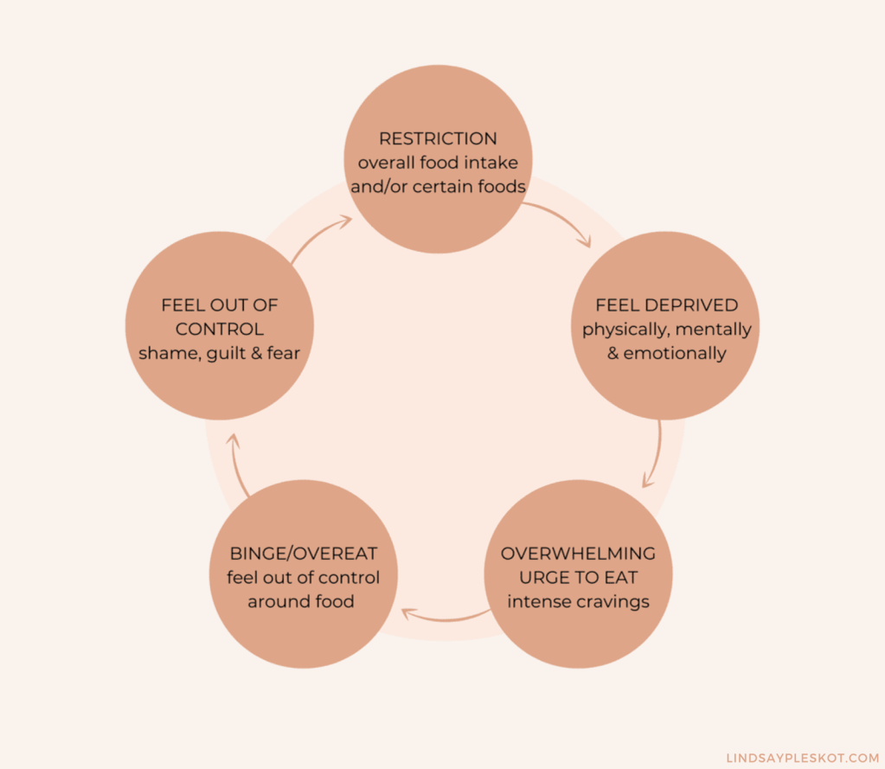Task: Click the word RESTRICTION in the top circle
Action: pyautogui.click(x=438, y=138)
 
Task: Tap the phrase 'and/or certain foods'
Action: pyautogui.click(x=438, y=185)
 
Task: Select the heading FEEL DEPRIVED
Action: pyautogui.click(x=666, y=305)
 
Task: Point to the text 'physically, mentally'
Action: pyautogui.click(x=666, y=330)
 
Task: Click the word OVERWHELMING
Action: pyautogui.click(x=578, y=554)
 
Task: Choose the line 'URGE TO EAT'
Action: pyautogui.click(x=578, y=577)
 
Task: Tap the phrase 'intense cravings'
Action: pyautogui.click(x=578, y=601)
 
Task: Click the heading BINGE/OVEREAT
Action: pyautogui.click(x=303, y=554)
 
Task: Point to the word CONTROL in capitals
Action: pyautogui.click(x=220, y=330)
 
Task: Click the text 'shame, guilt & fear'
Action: pyautogui.click(x=220, y=353)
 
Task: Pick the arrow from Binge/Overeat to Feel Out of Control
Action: pyautogui.click(x=237, y=464)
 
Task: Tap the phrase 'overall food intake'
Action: pyautogui.click(x=438, y=162)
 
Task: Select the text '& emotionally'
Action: pyautogui.click(x=666, y=353)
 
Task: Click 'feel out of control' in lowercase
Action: pyautogui.click(x=303, y=577)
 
